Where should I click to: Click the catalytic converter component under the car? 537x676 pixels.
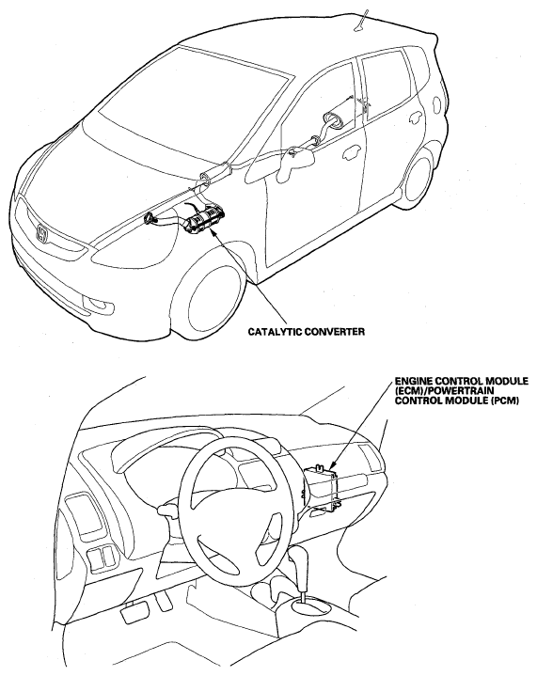point(206,220)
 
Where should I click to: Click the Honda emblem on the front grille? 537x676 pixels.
point(41,233)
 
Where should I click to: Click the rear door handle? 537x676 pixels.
point(417,118)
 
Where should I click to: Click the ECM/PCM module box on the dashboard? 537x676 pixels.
point(324,486)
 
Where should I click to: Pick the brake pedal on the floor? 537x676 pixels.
point(135,613)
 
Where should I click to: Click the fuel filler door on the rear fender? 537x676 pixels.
point(436,104)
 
